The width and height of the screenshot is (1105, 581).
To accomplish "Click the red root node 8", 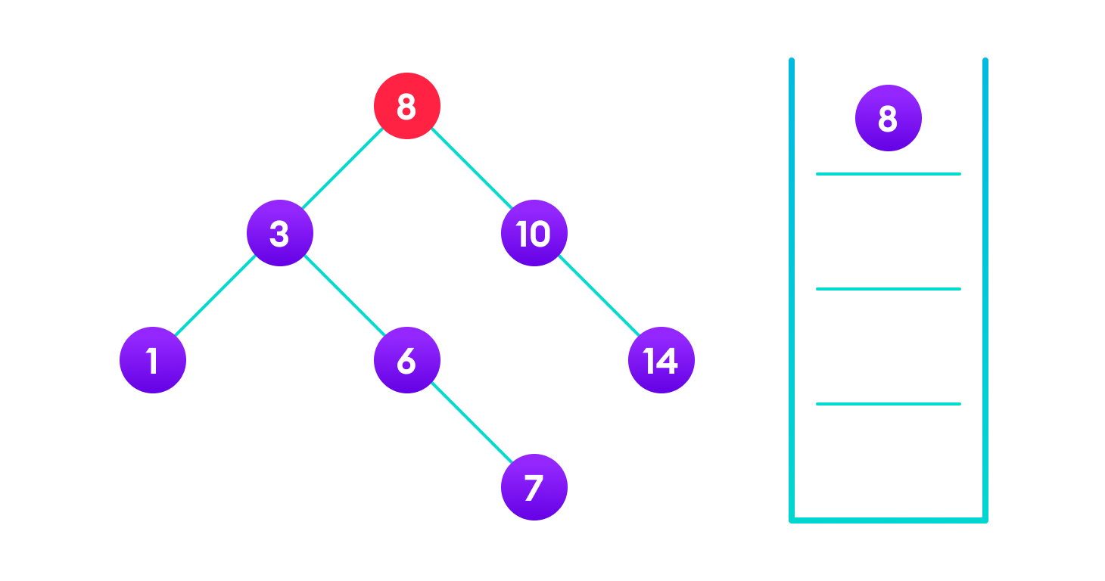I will (x=407, y=106).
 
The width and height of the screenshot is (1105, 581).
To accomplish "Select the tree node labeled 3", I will (x=280, y=233).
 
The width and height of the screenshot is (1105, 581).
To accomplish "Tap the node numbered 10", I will (x=534, y=233).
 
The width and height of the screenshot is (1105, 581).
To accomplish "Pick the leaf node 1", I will (x=153, y=360).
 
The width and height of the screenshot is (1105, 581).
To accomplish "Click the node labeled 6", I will (x=407, y=360).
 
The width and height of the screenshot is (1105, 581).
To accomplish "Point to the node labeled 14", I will (x=661, y=360).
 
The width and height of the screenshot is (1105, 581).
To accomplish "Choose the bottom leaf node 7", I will (x=534, y=487).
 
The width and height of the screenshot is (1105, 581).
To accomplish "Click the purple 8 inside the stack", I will (x=889, y=118).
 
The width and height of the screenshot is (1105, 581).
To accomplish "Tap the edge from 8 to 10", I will (x=471, y=169).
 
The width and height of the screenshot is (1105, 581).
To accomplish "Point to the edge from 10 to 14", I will (x=598, y=297).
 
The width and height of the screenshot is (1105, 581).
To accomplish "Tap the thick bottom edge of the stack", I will (x=889, y=520).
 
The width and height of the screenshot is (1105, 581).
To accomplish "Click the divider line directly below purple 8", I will (x=889, y=174).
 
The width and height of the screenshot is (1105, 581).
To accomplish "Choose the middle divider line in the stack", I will (x=889, y=289).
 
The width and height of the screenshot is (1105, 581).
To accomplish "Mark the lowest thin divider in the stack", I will (x=889, y=404).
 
